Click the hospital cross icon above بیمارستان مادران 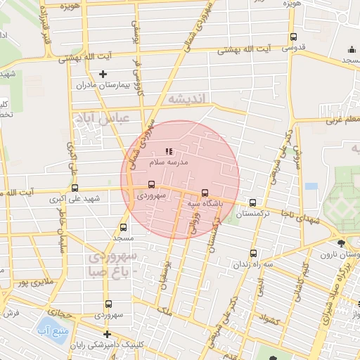point(103,74)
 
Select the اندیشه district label point(185,101)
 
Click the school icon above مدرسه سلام point(169,151)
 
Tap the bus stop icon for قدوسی point(293,37)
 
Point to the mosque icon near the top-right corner point(352,49)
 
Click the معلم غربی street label point(339,120)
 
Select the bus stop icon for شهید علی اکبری point(75,188)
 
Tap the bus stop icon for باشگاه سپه point(205,192)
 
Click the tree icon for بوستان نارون point(341,243)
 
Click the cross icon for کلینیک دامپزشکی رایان point(107,334)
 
